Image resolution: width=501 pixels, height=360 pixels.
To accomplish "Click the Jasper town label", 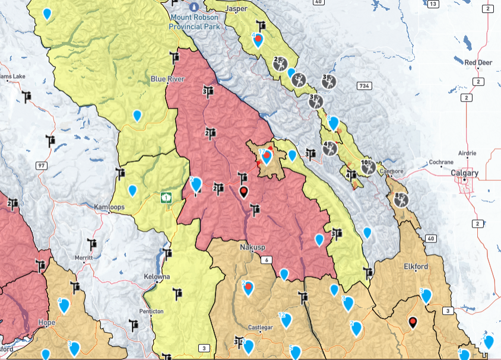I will pos(237,9).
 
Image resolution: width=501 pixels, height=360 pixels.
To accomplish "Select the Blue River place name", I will pos(167,79).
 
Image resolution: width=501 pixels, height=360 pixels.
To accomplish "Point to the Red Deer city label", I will pos(478,62).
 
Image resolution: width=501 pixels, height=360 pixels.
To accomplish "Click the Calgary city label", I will pos(464,173).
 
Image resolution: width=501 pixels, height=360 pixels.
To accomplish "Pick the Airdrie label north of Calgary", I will pos(467,152).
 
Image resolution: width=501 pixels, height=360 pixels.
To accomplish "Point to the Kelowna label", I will pos(157,277).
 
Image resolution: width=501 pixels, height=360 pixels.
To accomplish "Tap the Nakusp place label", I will pos(252,247).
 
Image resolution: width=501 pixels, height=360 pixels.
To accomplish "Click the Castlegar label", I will pos(261,327).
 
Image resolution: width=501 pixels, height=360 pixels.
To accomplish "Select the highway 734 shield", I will pos(364,86).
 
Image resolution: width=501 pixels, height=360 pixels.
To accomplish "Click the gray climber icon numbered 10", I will pos(369,167).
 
